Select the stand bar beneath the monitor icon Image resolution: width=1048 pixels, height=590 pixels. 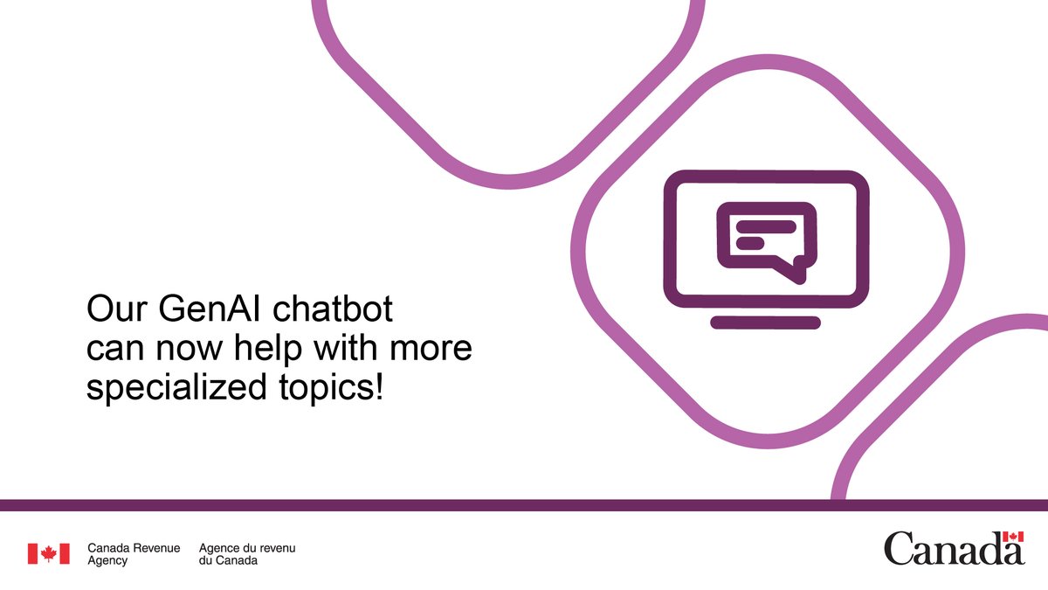point(765,323)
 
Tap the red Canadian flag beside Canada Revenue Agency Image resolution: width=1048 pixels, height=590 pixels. point(48,553)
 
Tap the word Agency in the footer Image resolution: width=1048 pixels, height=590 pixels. point(107,560)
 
